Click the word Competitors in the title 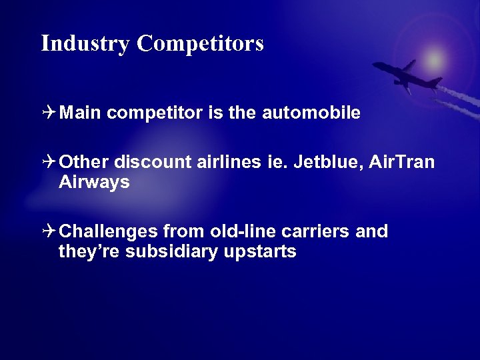tap(201, 44)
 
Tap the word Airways tap(94, 183)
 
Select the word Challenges tap(108, 232)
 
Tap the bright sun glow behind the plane tap(435, 59)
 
